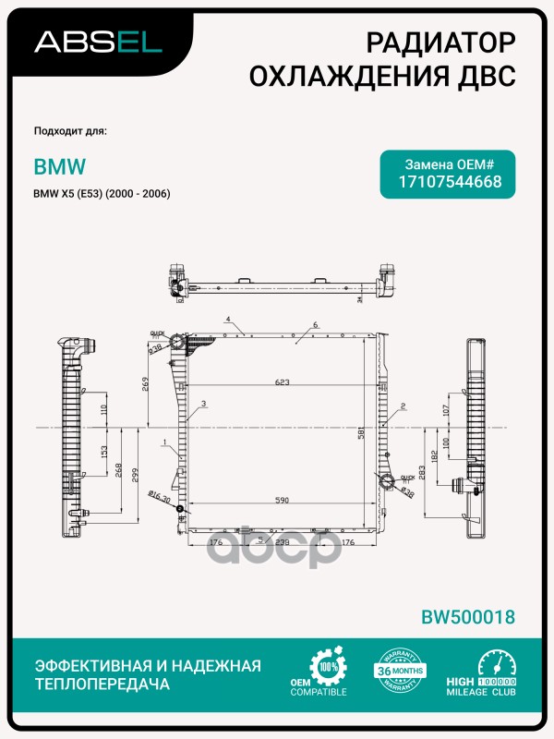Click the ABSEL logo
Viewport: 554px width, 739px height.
(x=98, y=41)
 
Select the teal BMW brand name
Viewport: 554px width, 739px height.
(x=60, y=167)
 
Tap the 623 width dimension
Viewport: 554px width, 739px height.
(x=282, y=381)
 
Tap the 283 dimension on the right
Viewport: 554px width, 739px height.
(x=423, y=473)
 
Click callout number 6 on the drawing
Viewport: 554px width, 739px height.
(x=315, y=325)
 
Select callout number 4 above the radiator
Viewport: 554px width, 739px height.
(x=226, y=320)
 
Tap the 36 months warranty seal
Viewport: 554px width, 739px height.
(x=397, y=672)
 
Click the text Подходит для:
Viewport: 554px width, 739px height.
(x=70, y=131)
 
